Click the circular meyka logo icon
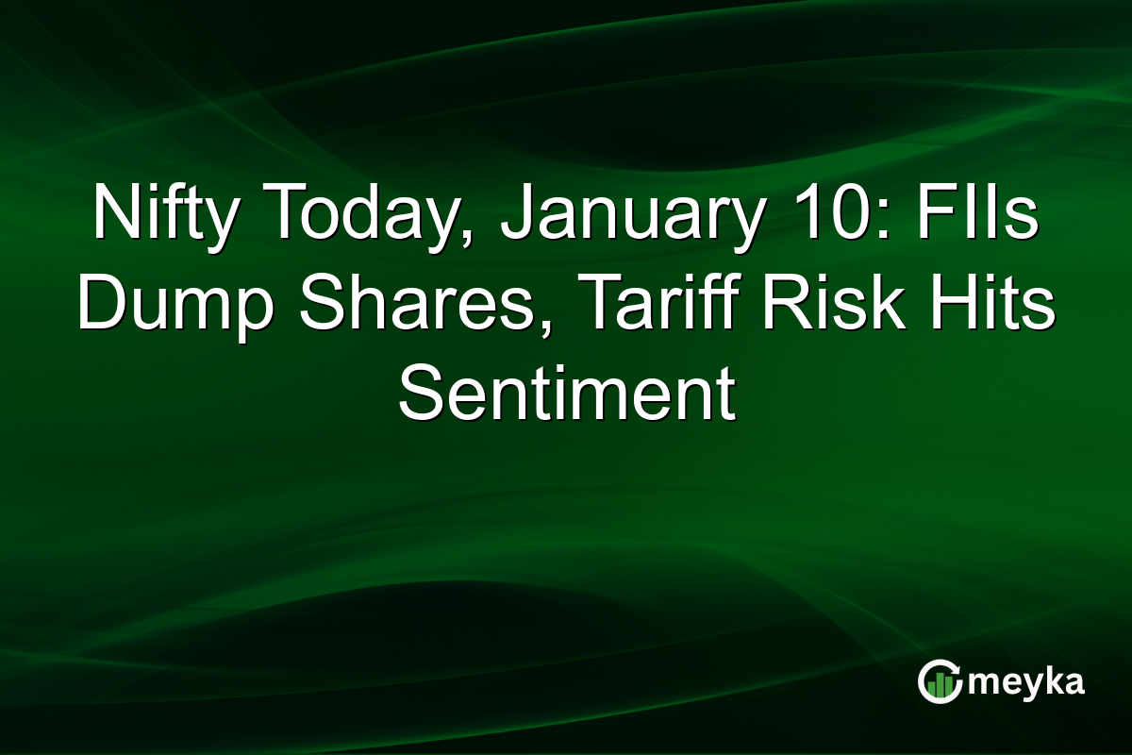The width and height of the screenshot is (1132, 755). tap(940, 680)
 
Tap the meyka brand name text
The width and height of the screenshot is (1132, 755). tap(1025, 682)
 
